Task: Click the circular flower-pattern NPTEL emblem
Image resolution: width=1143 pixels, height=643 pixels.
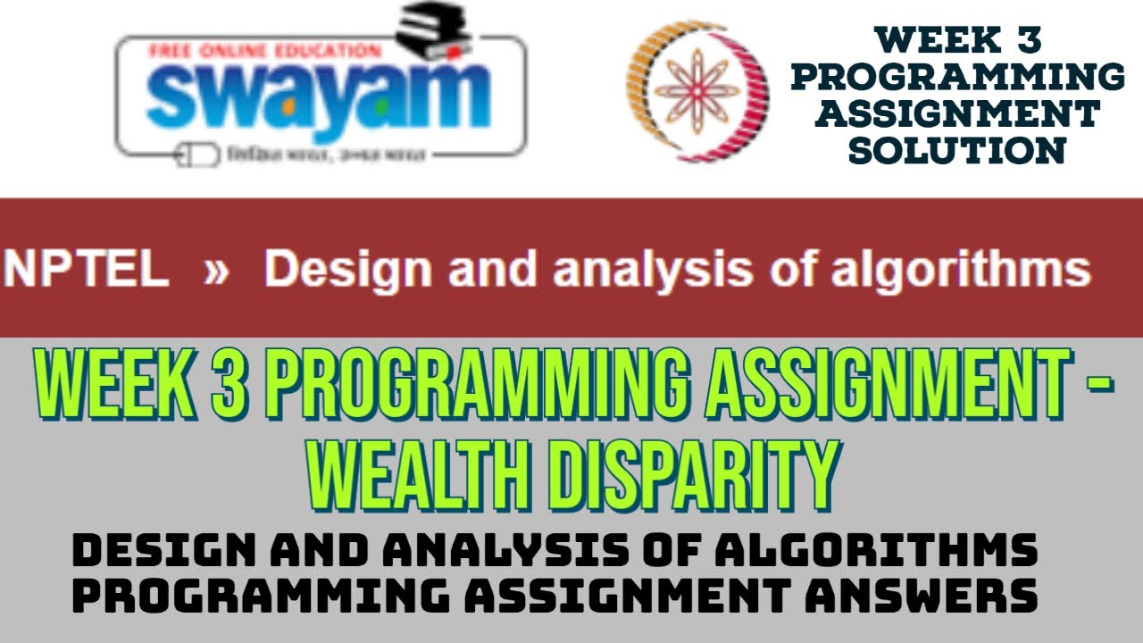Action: [697, 92]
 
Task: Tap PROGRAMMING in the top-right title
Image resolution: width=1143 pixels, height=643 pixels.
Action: [957, 77]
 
